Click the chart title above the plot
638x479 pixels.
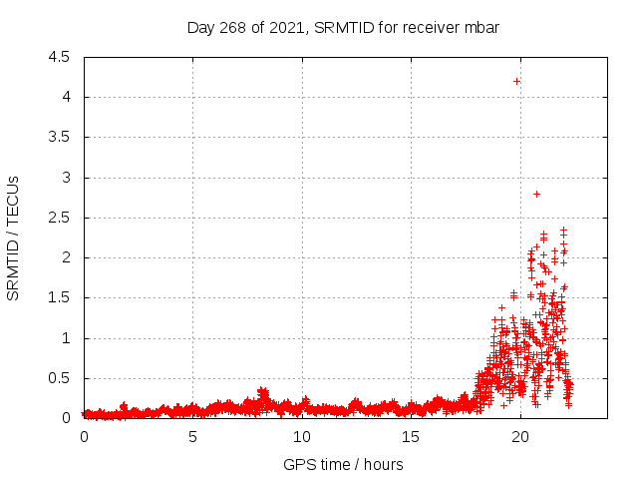[x=343, y=27]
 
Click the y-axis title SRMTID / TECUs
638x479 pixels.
[x=14, y=238]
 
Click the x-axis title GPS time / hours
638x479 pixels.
[x=343, y=464]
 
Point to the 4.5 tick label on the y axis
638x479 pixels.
[x=59, y=57]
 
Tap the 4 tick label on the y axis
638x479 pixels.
[x=66, y=97]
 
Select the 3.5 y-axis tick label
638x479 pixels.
[x=59, y=138]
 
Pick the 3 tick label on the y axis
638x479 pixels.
[x=66, y=178]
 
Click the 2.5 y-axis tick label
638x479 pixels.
[x=59, y=218]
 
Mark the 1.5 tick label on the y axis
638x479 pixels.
[x=59, y=298]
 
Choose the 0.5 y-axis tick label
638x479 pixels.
[x=59, y=378]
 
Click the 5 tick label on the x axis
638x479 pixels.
[x=192, y=437]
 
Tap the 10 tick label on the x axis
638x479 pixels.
[x=302, y=437]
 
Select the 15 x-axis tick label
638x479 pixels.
[x=411, y=437]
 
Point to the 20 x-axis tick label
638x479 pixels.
[x=520, y=437]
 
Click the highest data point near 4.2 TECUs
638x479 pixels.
[x=516, y=81]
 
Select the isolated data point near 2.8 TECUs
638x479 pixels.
[x=536, y=194]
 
